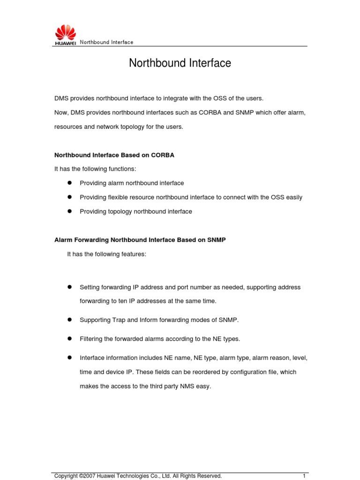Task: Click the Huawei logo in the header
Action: pyautogui.click(x=65, y=35)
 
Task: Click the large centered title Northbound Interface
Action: pyautogui.click(x=180, y=63)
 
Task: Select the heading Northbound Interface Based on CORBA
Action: pyautogui.click(x=114, y=155)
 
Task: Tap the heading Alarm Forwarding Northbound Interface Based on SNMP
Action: pyautogui.click(x=140, y=240)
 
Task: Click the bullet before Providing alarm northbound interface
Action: pyautogui.click(x=68, y=183)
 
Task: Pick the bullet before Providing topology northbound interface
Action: pyautogui.click(x=68, y=211)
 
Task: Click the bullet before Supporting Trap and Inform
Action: pyautogui.click(x=68, y=320)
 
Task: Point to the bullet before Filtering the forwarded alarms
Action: pyautogui.click(x=68, y=338)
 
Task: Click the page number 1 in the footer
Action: pyautogui.click(x=304, y=476)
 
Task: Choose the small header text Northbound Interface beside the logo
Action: pyautogui.click(x=106, y=42)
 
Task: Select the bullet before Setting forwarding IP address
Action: pyautogui.click(x=68, y=287)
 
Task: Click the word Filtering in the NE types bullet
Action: pyautogui.click(x=92, y=339)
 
